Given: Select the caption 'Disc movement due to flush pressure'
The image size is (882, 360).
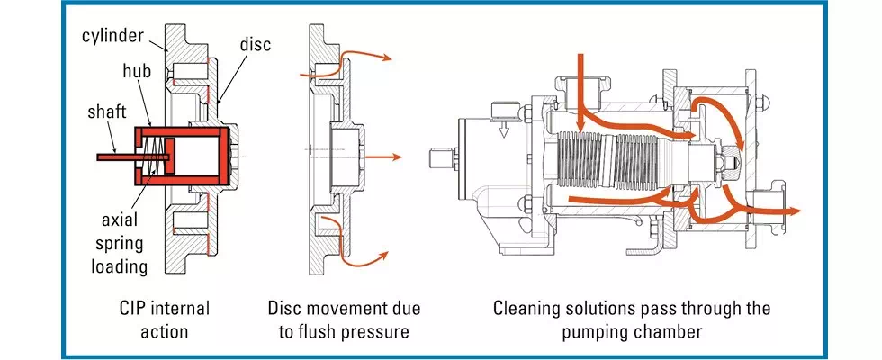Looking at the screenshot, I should click(345, 319).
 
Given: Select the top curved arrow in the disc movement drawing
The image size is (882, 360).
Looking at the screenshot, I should click(360, 57).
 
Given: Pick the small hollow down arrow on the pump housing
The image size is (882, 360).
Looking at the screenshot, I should click(504, 126).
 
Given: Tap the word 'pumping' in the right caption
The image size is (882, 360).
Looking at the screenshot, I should click(590, 331).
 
